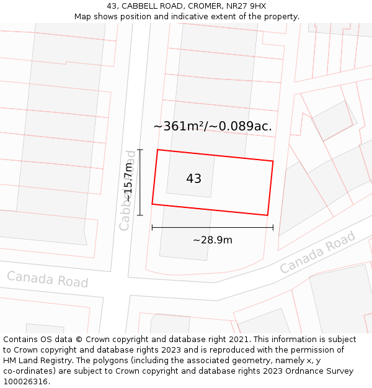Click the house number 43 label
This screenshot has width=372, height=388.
click(193, 179)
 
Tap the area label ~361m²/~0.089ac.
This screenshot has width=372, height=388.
click(213, 127)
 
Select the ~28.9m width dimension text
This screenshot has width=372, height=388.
click(212, 240)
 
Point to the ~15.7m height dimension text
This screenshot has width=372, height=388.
click(128, 182)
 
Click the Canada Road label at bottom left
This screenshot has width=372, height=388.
click(48, 279)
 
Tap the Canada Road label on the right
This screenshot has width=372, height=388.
click(317, 252)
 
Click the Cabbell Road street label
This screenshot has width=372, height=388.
click(128, 190)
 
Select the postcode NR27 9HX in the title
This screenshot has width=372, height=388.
click(246, 6)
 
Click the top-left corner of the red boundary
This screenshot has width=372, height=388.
click(157, 150)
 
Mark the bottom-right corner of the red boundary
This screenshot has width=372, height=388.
click(267, 215)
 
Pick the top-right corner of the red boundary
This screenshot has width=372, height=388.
click(273, 161)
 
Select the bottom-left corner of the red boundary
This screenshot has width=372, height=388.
click(152, 204)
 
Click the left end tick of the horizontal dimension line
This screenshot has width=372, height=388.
click(152, 227)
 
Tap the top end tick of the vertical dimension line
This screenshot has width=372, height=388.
click(140, 150)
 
